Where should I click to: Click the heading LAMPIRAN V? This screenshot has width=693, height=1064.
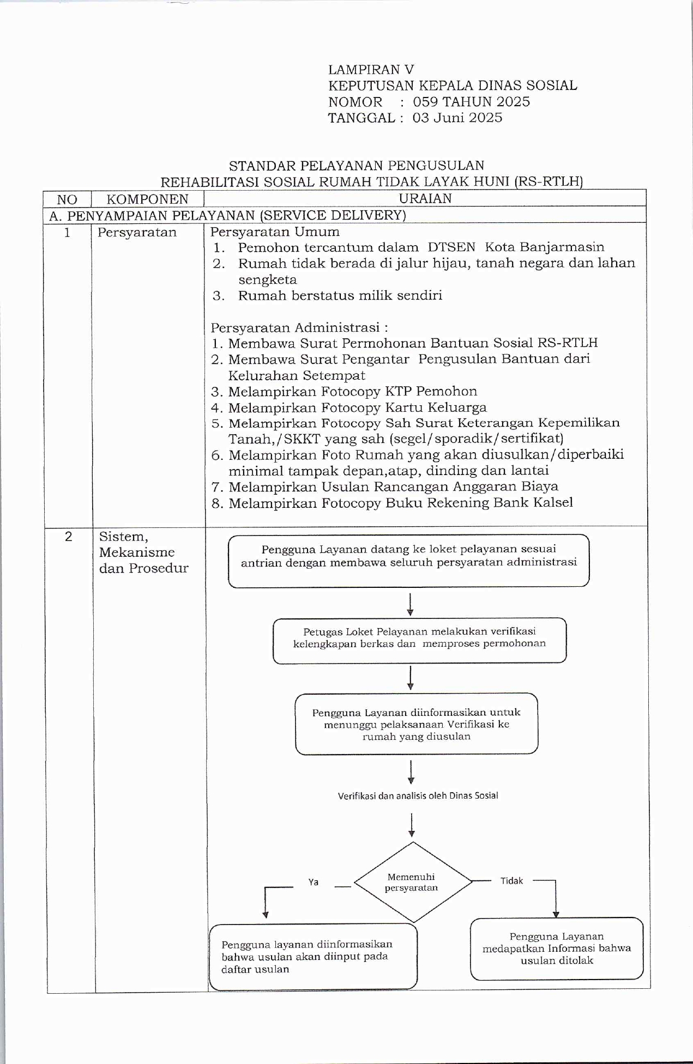tap(371, 70)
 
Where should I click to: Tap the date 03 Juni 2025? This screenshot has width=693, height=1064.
tap(457, 118)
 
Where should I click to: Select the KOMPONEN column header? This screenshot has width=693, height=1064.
tap(147, 199)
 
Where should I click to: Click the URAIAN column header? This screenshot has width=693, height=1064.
tap(425, 198)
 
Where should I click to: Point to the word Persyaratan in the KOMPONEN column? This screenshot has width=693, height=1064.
tap(137, 233)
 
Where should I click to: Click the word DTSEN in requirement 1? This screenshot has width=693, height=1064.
tap(451, 247)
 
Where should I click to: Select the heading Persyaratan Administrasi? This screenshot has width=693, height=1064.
tap(299, 327)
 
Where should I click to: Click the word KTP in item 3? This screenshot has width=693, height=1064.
tap(398, 391)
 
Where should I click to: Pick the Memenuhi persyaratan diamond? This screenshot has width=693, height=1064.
tap(412, 882)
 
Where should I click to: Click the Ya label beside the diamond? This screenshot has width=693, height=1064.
tap(314, 882)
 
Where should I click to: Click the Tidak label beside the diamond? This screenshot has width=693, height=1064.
tap(511, 881)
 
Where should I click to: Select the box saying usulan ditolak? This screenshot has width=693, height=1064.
tap(556, 949)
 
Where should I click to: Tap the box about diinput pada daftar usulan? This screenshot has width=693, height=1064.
tap(312, 957)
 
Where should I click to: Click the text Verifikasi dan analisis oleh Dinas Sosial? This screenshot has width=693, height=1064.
tap(418, 795)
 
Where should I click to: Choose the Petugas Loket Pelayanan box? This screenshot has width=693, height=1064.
tap(419, 640)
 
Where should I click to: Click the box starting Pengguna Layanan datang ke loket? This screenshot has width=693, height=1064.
tap(408, 560)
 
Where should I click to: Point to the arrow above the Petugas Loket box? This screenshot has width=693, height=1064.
tap(410, 604)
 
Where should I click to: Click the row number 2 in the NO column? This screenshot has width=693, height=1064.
tap(68, 537)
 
